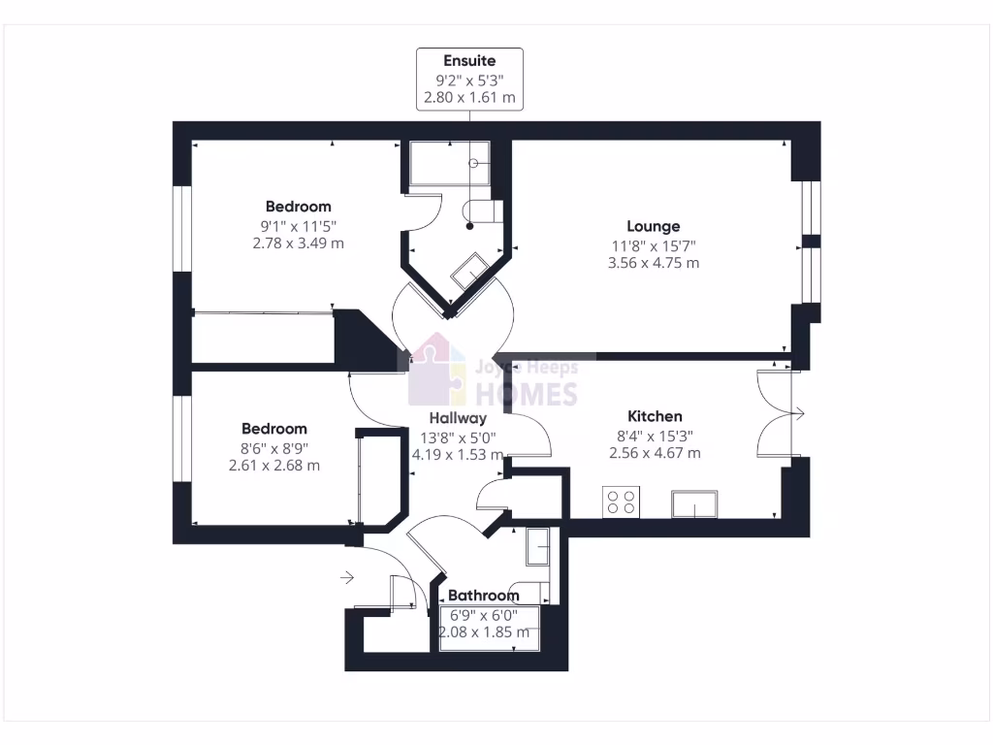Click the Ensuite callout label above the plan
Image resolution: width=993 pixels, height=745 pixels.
[x=469, y=62]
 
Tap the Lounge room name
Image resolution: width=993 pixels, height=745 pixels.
[x=653, y=227]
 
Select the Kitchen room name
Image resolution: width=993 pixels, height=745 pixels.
[x=655, y=416]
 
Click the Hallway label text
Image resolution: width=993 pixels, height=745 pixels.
[x=458, y=418]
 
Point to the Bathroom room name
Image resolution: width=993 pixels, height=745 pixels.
[x=483, y=596]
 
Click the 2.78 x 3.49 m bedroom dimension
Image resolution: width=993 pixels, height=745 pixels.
[x=298, y=243]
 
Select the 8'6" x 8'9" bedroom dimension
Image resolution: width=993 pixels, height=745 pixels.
[x=273, y=447]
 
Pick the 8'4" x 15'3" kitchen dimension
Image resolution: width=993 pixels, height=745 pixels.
[x=655, y=436]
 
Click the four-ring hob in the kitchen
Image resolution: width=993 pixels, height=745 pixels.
[x=621, y=502]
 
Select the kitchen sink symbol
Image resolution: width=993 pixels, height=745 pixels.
[x=695, y=504]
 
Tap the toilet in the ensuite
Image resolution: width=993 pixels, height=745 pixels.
[x=482, y=211]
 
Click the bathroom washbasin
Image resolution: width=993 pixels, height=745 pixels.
[x=538, y=547]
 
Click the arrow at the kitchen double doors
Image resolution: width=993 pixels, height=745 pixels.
[x=798, y=415]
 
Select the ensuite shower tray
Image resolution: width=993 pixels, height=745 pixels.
[x=449, y=163]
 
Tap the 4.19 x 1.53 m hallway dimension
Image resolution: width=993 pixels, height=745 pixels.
[x=458, y=454]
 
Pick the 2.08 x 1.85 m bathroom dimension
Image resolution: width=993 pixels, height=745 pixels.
[x=484, y=632]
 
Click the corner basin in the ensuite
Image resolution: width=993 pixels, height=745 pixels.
[x=472, y=271]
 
